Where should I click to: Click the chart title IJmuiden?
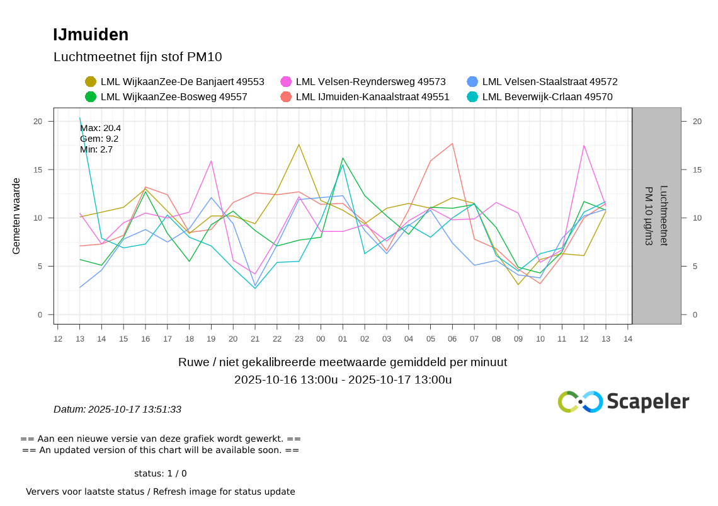91,35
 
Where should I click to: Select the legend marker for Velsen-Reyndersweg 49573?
286,81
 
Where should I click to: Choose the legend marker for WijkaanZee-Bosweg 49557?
91,96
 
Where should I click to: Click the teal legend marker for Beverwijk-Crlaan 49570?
472,96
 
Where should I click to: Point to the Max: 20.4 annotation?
100,128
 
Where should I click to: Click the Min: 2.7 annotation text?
96,149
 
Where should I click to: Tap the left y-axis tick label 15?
38,170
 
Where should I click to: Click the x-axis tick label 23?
299,338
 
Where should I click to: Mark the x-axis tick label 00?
321,338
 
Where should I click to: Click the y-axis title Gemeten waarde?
16,216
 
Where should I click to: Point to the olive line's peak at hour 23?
299,144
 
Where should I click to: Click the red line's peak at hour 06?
452,144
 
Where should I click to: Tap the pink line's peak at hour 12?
584,146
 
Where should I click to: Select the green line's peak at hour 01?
343,158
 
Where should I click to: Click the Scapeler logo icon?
580,401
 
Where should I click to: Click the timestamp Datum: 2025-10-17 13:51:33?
117,409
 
